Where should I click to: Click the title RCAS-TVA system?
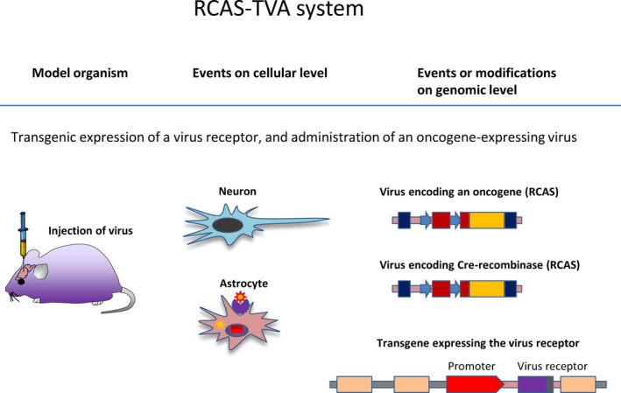[279, 8]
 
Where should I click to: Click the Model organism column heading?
[80, 74]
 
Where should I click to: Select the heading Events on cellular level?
[260, 74]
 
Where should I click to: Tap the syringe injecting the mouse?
[23, 235]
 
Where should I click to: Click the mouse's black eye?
[21, 282]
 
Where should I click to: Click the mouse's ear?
[41, 271]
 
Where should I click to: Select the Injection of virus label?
[90, 231]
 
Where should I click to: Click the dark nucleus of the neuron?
[228, 225]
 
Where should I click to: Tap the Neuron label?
[237, 192]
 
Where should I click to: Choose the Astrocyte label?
[243, 284]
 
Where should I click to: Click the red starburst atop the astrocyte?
[240, 297]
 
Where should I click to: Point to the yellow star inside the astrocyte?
[220, 325]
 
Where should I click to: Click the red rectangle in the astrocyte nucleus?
[236, 329]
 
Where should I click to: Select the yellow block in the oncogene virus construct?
[487, 221]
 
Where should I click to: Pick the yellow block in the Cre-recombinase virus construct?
[487, 289]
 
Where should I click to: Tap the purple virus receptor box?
[533, 384]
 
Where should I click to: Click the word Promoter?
[471, 367]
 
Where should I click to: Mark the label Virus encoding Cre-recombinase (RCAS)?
[480, 264]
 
